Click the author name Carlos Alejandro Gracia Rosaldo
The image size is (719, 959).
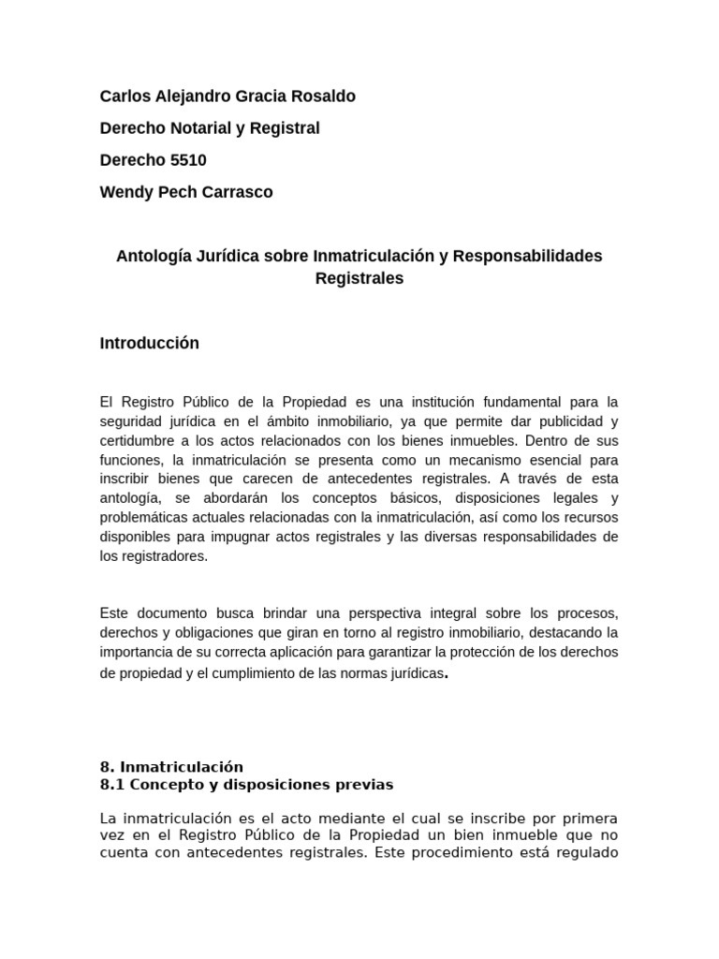point(227,96)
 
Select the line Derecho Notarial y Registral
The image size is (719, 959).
point(210,128)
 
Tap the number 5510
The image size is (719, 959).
point(188,160)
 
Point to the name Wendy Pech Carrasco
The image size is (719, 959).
point(186,192)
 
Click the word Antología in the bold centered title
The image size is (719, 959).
point(154,256)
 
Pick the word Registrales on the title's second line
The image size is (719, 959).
point(359,278)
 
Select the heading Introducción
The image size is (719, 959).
point(149,343)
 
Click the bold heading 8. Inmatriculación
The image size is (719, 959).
point(171,766)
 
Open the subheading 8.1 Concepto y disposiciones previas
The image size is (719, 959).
point(246,784)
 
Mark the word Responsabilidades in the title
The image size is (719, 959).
point(527,256)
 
